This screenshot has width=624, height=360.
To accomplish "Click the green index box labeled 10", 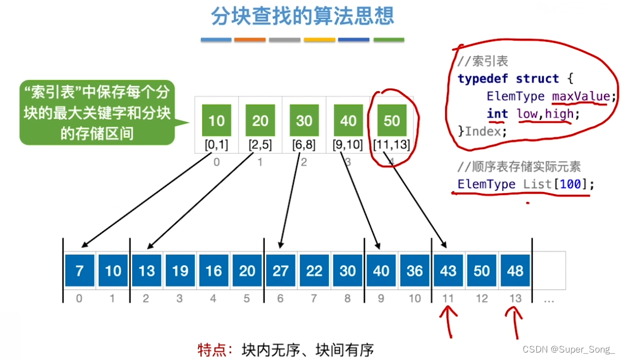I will point(217,120).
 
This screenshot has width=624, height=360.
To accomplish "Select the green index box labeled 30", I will point(304,120).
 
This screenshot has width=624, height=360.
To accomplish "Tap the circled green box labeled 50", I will point(392,120).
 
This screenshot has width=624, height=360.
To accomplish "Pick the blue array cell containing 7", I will point(80,270).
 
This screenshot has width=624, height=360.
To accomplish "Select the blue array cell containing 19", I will point(180,270).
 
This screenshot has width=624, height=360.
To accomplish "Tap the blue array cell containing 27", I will point(281,270).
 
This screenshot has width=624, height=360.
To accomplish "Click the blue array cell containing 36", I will point(415,270).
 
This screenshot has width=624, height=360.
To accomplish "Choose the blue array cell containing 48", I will point(516,270).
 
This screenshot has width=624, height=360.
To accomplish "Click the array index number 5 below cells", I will point(247,298).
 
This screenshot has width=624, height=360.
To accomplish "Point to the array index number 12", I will point(482,298).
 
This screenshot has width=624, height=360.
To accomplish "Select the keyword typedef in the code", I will point(484,79).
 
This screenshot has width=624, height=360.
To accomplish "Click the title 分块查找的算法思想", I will point(303,15).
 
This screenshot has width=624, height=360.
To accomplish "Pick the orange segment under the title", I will point(250,40).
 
